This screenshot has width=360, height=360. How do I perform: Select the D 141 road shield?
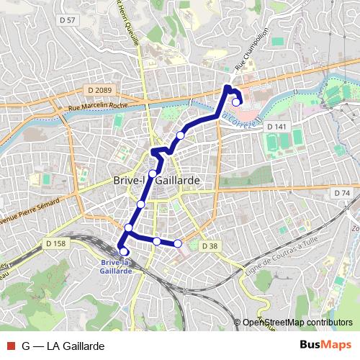pos(276,127)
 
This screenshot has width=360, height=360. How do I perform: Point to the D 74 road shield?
pos(341,194)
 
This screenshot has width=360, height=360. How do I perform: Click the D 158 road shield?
pos(55,243)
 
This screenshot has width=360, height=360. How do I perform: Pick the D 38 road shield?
pos(209,246)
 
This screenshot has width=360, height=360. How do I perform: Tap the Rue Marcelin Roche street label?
pos(99,106)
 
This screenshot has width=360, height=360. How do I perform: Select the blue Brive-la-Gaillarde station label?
pos(116,266)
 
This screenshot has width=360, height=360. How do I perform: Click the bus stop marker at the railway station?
pos(123,251)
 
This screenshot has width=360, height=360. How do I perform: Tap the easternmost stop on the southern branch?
pos(178,243)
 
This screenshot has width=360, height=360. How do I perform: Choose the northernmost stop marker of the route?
pos(236,102)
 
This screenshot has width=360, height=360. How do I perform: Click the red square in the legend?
pos(9,346)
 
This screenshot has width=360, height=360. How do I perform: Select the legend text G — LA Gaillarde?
pos(63,346)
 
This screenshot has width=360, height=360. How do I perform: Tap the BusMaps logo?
pos(325,346)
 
